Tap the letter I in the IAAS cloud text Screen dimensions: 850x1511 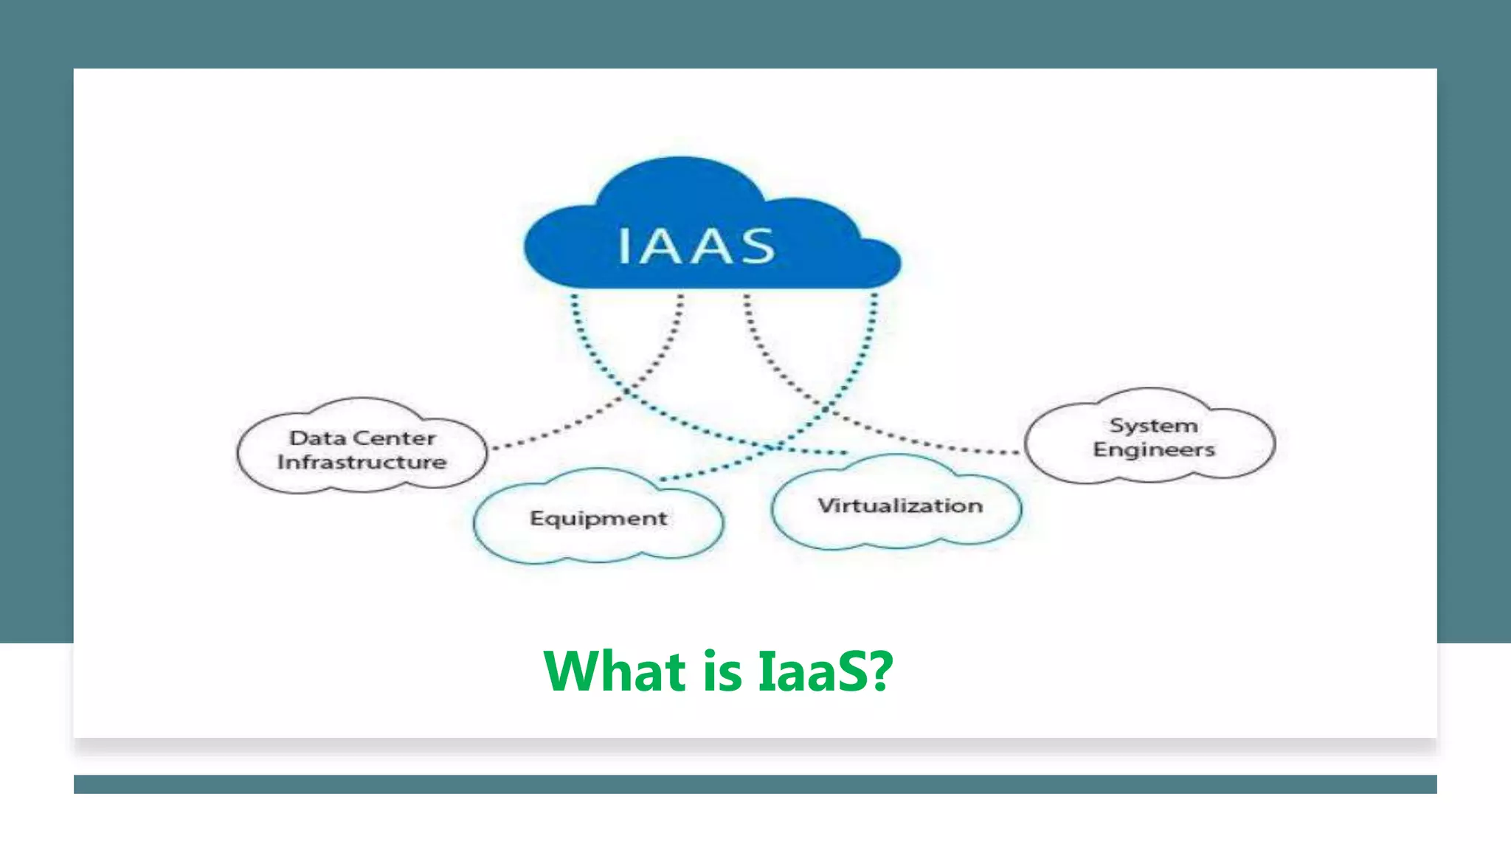coord(624,246)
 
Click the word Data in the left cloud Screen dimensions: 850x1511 coord(317,438)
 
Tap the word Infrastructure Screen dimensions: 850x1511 coord(362,463)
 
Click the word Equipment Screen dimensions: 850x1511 coord(598,519)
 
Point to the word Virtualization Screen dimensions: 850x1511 coord(900,506)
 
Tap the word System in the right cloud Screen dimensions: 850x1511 coord(1154,426)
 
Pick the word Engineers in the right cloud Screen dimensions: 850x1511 coord(1154,449)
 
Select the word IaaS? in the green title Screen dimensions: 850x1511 coord(825,671)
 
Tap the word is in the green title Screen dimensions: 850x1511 coord(722,671)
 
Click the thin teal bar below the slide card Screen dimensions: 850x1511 coord(755,784)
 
